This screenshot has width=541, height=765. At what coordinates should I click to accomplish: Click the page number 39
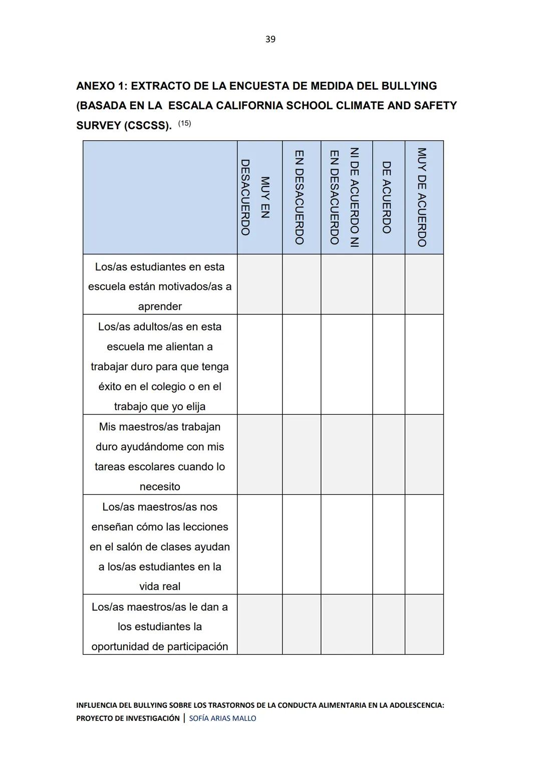tap(270, 39)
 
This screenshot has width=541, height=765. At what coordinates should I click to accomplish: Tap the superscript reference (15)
tap(184, 123)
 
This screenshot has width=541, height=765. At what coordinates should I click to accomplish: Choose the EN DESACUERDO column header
tap(300, 197)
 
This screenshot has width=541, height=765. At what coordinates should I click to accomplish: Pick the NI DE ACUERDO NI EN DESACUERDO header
tap(345, 197)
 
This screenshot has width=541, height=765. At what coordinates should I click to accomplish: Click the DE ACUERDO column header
tap(387, 197)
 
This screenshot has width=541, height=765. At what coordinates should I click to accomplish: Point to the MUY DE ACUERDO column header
tap(422, 197)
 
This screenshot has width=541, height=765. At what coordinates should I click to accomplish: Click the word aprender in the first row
tap(160, 306)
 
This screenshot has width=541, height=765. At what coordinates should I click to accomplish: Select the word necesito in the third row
tap(160, 486)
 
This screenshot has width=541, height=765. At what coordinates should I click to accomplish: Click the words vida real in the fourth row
tap(160, 586)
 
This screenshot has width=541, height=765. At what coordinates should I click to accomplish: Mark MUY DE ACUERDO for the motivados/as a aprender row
tap(424, 284)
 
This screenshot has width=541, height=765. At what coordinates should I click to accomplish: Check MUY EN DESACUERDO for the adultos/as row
tap(259, 364)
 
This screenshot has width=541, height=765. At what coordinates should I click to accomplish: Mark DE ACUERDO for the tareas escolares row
tap(388, 454)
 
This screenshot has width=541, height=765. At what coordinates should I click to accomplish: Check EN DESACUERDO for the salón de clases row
tap(301, 544)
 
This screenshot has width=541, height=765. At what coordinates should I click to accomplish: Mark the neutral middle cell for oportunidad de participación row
tap(346, 624)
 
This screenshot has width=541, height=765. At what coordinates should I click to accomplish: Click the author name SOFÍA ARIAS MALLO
tap(222, 718)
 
